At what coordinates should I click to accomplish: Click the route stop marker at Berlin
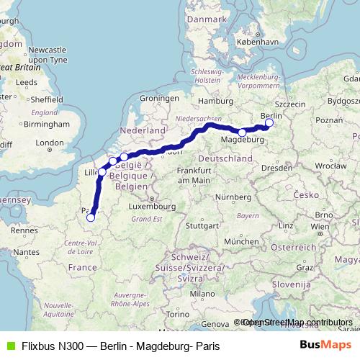pos(269,123)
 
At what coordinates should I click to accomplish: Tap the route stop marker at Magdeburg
pos(242,133)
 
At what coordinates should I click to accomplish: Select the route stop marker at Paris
pos(90,217)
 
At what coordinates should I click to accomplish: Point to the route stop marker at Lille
pos(102,172)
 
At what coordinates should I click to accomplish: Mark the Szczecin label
pos(290,104)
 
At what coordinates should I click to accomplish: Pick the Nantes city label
pos(26,252)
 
